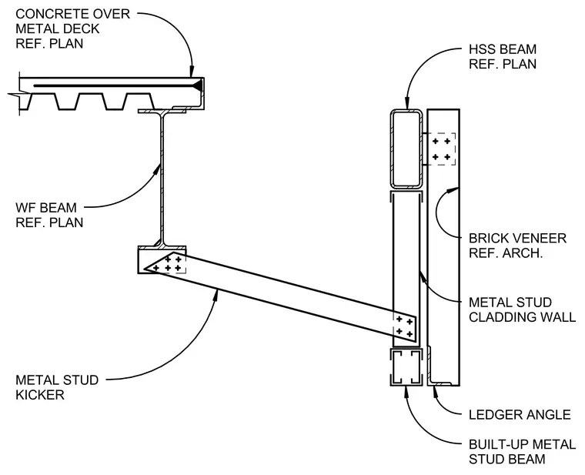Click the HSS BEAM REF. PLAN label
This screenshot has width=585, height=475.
coord(502,57)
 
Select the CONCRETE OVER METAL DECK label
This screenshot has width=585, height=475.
coord(73,22)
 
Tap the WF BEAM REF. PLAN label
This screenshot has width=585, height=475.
coord(49,215)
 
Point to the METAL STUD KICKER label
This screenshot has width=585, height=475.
coord(57,387)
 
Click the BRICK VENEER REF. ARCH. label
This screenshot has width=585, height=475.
coord(517,246)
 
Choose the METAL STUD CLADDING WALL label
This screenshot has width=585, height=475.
coord(523,309)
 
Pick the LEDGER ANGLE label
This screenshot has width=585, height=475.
coord(520,414)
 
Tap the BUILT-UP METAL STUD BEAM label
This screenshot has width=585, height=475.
coord(523,451)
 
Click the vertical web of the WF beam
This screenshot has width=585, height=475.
coord(162,179)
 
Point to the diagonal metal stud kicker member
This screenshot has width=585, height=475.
coord(280,298)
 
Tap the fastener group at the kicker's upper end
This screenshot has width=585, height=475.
coord(168,264)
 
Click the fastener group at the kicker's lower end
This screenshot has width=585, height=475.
coord(405,326)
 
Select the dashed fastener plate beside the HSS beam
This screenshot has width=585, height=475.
coord(441,149)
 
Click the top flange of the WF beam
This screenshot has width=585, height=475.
coord(162,111)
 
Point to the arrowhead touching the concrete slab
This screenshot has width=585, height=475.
coord(192,72)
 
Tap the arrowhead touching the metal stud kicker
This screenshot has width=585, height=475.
coord(216,296)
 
